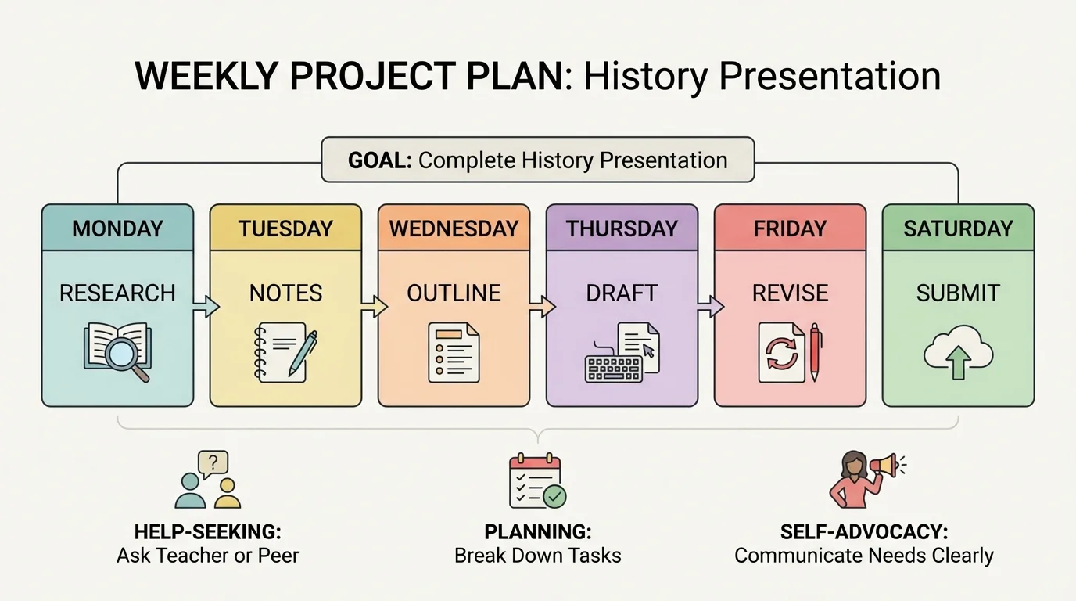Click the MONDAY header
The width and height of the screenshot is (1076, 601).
[117, 229]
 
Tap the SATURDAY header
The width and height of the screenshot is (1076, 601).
[958, 229]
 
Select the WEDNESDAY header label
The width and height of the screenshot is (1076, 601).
[454, 229]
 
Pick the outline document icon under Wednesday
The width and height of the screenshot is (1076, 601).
[454, 353]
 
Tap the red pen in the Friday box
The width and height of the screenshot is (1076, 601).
[815, 352]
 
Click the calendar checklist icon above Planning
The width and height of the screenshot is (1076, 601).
[536, 480]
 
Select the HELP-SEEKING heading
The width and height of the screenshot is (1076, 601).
[207, 532]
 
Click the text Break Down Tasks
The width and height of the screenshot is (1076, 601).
[538, 556]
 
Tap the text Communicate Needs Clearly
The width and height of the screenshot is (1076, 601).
[864, 556]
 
